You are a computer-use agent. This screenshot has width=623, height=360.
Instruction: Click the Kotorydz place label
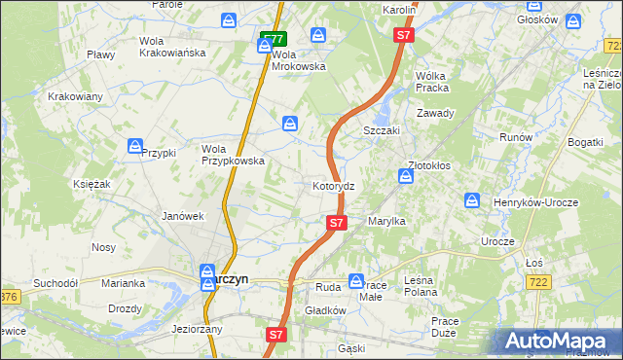click(x=340, y=185)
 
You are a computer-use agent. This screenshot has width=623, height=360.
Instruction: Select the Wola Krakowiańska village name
click(x=172, y=47)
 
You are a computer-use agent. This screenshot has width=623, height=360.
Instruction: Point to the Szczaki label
click(x=383, y=129)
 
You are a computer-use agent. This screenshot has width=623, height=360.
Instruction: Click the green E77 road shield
click(x=273, y=40)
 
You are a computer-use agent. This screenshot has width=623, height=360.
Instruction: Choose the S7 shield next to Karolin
click(x=403, y=35)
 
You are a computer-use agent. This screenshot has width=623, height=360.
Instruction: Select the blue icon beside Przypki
click(x=135, y=147)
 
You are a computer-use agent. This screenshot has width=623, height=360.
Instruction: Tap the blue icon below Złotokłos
click(x=405, y=176)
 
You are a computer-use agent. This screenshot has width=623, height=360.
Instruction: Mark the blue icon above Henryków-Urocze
click(x=472, y=200)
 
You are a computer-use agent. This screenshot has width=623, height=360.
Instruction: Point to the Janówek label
click(x=182, y=216)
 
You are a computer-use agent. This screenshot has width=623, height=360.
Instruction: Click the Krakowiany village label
click(x=75, y=96)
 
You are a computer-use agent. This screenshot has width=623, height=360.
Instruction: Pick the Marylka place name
click(x=386, y=222)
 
